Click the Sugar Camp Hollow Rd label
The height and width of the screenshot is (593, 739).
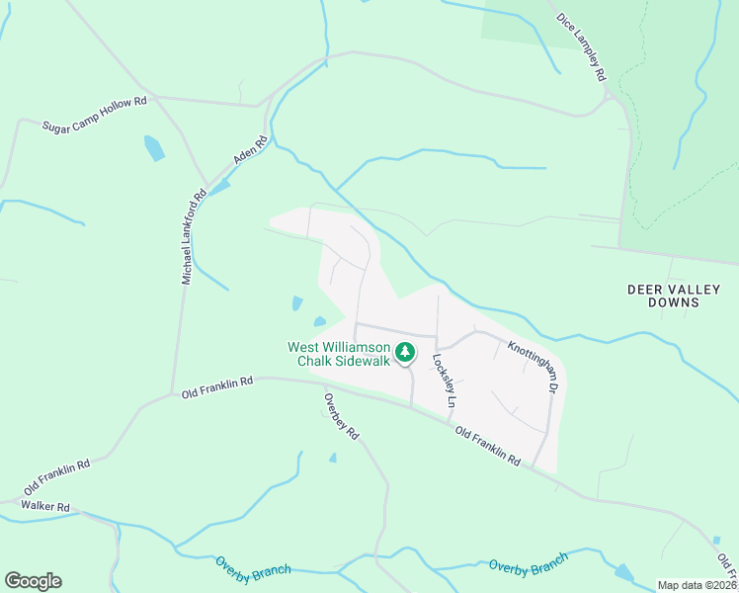[94, 114]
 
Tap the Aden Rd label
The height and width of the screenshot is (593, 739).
[250, 150]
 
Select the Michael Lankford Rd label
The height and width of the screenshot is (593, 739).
[193, 237]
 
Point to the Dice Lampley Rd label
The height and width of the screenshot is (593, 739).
[580, 45]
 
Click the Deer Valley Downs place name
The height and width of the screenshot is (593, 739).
[675, 296]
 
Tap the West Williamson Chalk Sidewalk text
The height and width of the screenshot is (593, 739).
[339, 354]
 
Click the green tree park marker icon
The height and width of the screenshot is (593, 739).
[404, 352]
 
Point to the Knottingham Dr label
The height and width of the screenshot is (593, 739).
[534, 365]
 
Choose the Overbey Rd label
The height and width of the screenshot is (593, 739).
[341, 416]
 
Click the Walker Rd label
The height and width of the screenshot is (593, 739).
[48, 507]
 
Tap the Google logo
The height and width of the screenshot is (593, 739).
[33, 581]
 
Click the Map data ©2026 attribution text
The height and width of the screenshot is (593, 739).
[696, 585]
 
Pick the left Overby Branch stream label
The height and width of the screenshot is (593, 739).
[253, 567]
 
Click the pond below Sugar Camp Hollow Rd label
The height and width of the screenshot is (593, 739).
[154, 148]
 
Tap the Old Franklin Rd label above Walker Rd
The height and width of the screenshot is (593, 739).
[57, 477]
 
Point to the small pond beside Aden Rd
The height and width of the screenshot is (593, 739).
[219, 185]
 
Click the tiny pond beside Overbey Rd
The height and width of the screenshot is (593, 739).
[332, 458]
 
